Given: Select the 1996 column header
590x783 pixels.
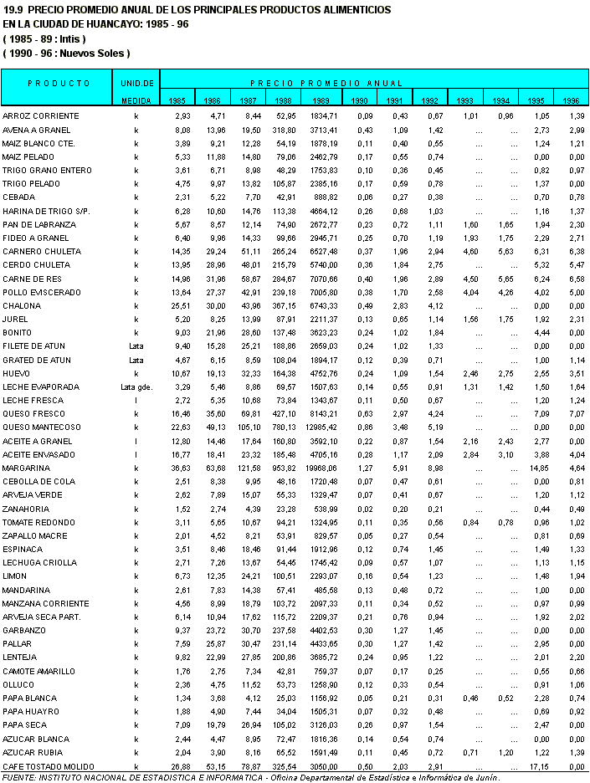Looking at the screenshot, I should [571, 101].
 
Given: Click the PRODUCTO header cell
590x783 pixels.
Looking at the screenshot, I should [59, 84].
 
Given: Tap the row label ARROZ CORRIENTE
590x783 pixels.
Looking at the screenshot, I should [41, 115].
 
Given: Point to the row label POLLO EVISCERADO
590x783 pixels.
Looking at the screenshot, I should [42, 292].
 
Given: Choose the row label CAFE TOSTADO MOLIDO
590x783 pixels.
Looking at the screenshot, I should [48, 766].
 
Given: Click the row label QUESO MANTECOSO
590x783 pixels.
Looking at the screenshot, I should [42, 427].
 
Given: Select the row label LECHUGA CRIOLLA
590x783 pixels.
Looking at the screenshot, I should [40, 563].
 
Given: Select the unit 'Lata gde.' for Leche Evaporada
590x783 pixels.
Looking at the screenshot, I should [136, 387].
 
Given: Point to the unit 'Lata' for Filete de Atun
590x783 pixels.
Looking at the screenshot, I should [136, 346].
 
